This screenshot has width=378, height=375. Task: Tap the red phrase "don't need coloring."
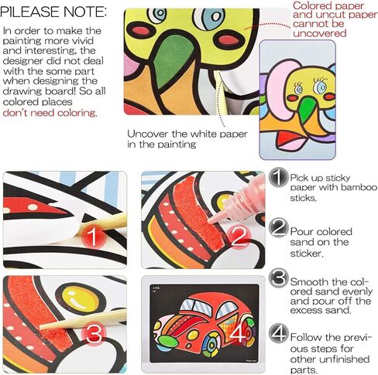pos(50,113)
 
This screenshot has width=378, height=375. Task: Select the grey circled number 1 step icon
pos(278,177)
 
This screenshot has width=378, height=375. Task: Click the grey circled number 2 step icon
pos(278,227)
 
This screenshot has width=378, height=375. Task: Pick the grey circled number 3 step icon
pos(278,278)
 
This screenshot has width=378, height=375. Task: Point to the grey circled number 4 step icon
pos(278,333)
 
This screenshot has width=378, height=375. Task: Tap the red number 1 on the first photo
pos(92,237)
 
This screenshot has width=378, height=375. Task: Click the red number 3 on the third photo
pos(94,334)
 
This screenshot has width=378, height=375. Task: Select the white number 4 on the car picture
pos(238,334)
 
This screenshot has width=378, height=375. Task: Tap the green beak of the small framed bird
pos(308,107)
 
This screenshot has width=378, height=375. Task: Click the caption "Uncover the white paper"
pos(187,134)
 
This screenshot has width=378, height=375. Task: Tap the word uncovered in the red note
pos(320,33)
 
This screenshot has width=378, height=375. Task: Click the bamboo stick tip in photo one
pos(82,227)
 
